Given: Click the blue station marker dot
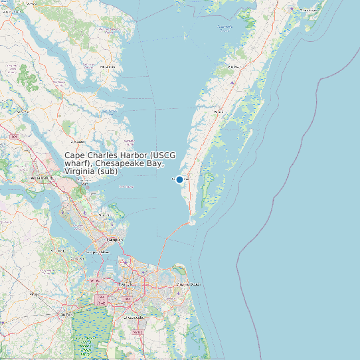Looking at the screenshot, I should tap(179, 179).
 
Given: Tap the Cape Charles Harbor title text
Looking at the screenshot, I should tap(120, 163).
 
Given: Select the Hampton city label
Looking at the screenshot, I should tap(115, 239).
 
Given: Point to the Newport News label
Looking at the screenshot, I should tap(98, 252).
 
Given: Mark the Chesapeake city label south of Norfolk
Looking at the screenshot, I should tap(136, 317).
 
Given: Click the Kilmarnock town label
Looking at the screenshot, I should tap(108, 67).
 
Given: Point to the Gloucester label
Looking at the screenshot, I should tap(78, 141).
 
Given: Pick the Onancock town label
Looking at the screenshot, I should tap(233, 67).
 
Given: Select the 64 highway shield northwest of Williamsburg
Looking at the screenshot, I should tap(14, 136).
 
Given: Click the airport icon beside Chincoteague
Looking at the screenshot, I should tap(293, 8).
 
